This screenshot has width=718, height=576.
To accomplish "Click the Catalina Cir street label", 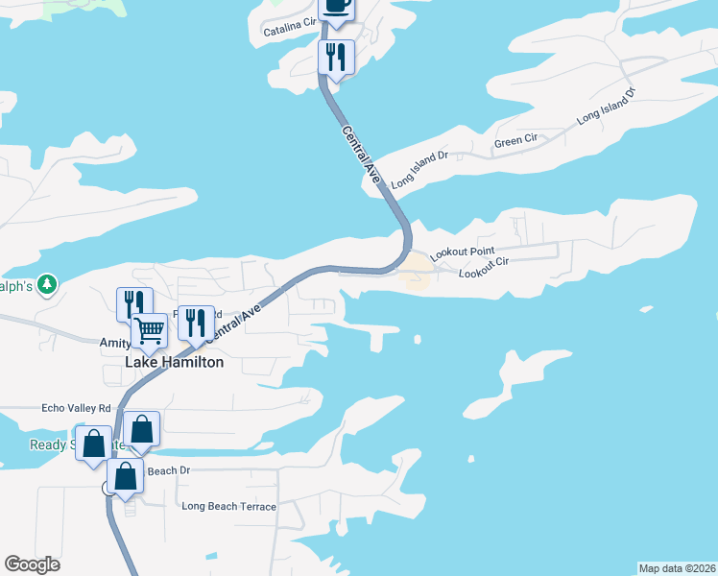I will (x=290, y=32).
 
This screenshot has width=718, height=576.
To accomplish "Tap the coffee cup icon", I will (x=337, y=6).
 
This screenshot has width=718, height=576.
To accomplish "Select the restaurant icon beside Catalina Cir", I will (x=336, y=57).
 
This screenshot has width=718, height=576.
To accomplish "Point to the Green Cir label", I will (x=515, y=141).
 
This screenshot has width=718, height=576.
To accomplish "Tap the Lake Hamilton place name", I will (x=175, y=363).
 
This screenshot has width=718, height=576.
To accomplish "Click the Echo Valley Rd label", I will (x=77, y=408).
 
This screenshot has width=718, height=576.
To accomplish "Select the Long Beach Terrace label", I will (x=228, y=506).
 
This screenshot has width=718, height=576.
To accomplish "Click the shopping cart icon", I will (x=149, y=330).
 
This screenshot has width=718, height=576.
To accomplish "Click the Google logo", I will (x=32, y=564).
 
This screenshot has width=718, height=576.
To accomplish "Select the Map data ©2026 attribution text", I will (x=677, y=567).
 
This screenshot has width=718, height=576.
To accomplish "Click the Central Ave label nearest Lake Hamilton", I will (x=233, y=321).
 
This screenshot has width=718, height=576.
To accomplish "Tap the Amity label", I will (x=114, y=342).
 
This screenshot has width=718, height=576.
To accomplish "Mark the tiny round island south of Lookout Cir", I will (x=418, y=339).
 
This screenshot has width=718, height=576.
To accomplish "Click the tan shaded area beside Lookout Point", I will (x=416, y=272).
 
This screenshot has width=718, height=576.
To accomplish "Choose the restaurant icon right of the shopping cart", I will (x=196, y=324).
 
